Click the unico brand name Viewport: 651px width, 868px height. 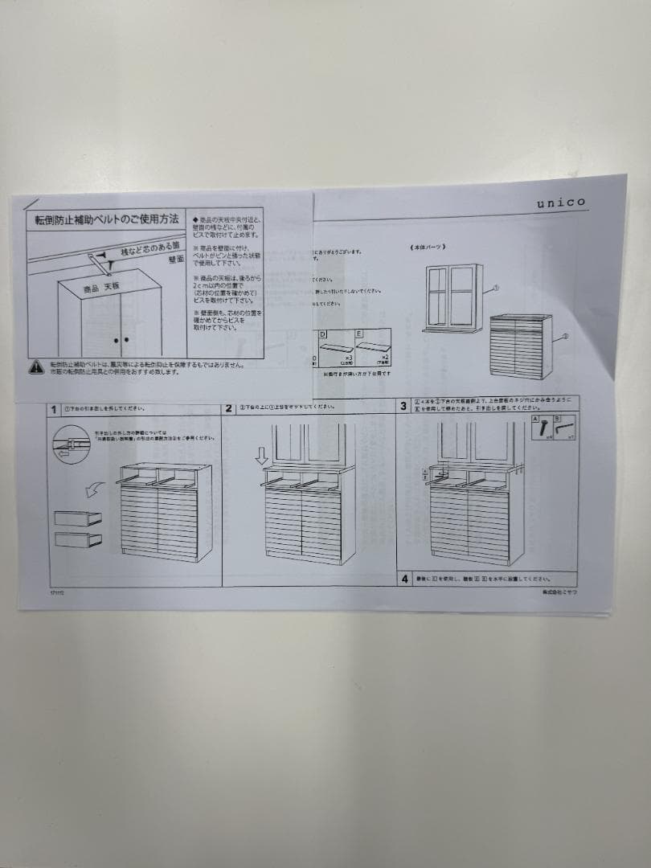tap(561, 203)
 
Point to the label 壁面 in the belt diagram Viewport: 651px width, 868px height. tap(176, 259)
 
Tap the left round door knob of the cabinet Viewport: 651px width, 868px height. tap(115, 341)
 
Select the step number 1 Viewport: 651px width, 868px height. tap(54, 409)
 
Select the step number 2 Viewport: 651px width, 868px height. tap(229, 408)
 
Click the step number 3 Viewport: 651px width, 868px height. tap(403, 407)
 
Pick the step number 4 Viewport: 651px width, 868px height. tap(404, 578)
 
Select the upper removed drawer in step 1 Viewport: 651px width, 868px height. tap(78, 518)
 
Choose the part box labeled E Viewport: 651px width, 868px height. tap(373, 347)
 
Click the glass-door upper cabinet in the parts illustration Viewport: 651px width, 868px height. tap(451, 297)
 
